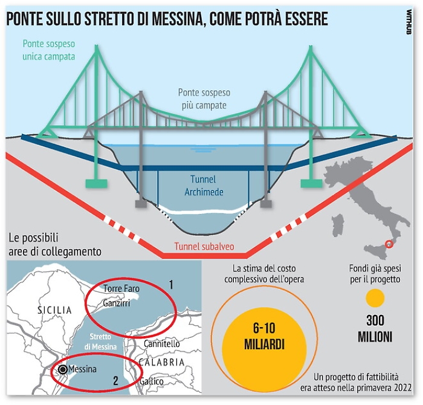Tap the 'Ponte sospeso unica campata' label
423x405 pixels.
(x=49, y=50)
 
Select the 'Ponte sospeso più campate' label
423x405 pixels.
(x=204, y=99)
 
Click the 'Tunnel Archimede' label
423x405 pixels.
(x=204, y=186)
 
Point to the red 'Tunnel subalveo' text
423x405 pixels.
(x=204, y=246)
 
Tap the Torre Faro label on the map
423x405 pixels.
(x=121, y=288)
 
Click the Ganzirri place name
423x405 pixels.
(x=117, y=303)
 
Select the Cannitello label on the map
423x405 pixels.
(x=161, y=343)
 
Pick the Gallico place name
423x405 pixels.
(x=151, y=381)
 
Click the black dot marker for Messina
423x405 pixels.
(x=63, y=369)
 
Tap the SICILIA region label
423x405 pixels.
(x=55, y=310)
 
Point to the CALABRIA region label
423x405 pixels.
(x=161, y=362)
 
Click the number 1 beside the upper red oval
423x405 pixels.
(x=171, y=285)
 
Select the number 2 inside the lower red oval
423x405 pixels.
(x=115, y=381)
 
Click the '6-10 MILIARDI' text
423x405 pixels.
(x=264, y=336)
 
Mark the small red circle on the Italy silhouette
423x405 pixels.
(x=389, y=244)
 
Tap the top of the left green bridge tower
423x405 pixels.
(x=97, y=47)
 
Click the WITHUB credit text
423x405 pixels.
(x=408, y=22)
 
